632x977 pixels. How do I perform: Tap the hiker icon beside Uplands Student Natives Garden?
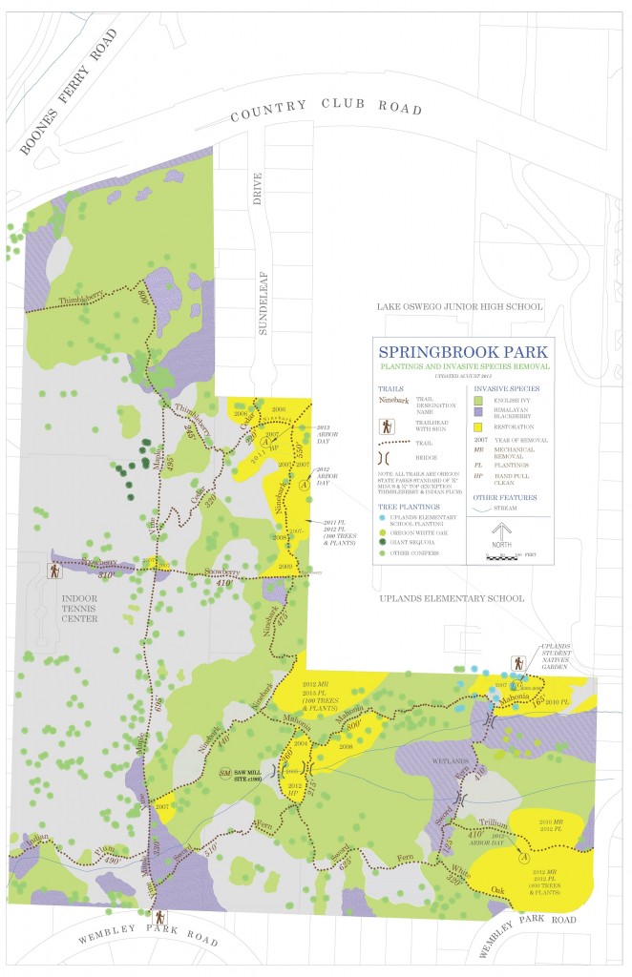click(x=517, y=661)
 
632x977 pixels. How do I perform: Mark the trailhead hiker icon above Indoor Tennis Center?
click(x=55, y=571)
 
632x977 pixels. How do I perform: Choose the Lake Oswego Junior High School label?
click(x=454, y=306)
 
